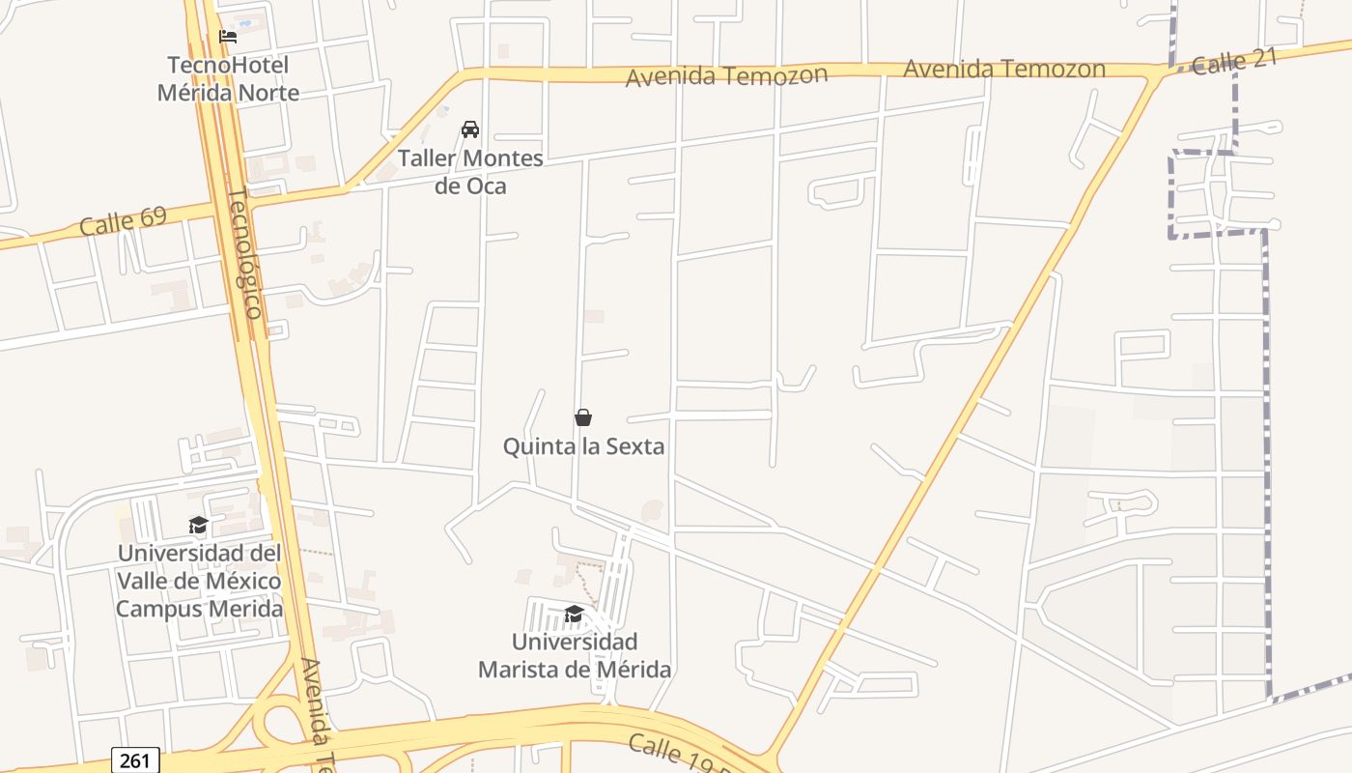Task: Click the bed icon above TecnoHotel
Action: click(228, 37)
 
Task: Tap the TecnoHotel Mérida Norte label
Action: click(228, 79)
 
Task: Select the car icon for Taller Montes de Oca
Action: click(470, 129)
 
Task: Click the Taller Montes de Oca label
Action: click(470, 171)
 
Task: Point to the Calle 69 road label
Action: click(123, 221)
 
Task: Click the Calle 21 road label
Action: click(1234, 61)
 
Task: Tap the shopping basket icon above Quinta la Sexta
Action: click(583, 417)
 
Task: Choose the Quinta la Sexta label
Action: click(583, 446)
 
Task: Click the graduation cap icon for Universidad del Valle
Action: click(198, 525)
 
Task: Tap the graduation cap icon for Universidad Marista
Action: click(574, 615)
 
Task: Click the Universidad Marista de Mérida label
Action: click(575, 655)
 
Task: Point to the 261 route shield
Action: click(135, 760)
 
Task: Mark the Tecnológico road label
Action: click(245, 253)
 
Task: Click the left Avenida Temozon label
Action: click(726, 75)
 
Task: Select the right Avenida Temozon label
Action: click(1004, 69)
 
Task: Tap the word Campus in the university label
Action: click(156, 609)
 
